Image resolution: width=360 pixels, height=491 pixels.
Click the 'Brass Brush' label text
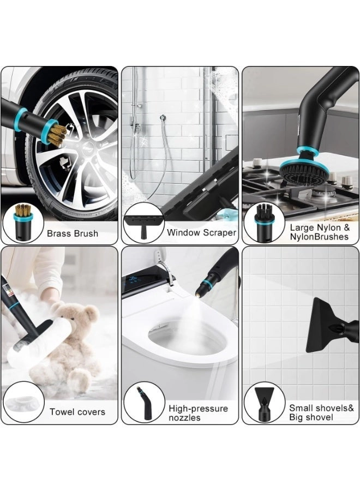click(73, 233)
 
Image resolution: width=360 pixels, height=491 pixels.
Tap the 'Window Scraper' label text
click(201, 232)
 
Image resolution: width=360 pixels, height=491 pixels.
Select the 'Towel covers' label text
click(77, 412)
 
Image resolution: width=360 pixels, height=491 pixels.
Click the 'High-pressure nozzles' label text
click(198, 413)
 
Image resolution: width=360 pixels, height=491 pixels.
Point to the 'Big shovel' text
click(311, 417)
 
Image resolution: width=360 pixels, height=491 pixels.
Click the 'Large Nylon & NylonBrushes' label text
click(320, 232)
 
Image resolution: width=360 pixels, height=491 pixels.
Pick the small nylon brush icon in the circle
click(264, 223)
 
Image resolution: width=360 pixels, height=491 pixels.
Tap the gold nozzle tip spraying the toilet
click(198, 294)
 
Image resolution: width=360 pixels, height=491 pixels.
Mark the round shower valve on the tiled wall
click(162, 118)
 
